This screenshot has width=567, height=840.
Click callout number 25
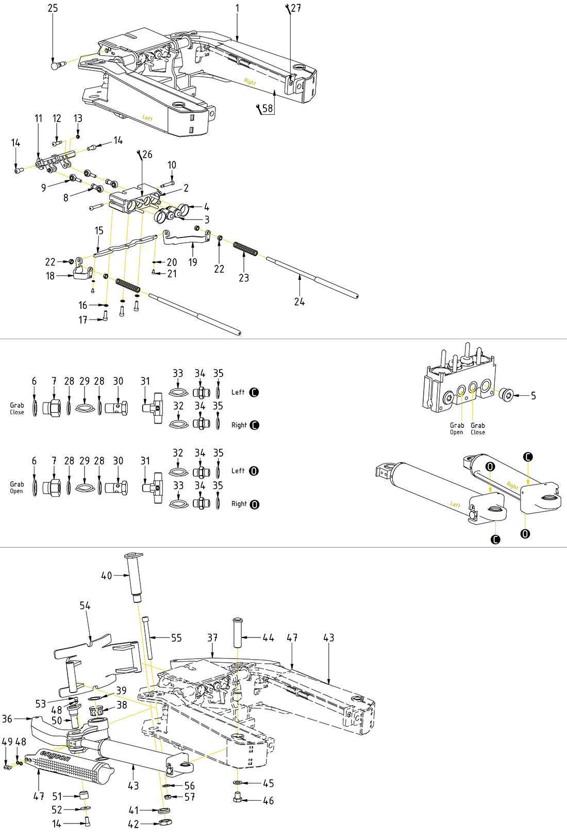click(53, 8)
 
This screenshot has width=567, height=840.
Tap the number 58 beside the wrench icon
click(268, 108)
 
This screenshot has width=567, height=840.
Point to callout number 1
click(237, 8)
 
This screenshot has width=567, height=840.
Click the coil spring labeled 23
click(245, 248)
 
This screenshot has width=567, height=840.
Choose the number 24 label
click(299, 302)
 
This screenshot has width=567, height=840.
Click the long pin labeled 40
click(135, 574)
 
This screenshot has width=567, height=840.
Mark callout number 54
click(85, 606)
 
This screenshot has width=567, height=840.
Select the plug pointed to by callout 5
click(506, 395)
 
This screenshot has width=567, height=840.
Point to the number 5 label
click(533, 396)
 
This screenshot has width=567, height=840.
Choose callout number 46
click(268, 801)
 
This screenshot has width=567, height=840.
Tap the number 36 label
click(7, 718)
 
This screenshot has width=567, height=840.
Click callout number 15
click(99, 231)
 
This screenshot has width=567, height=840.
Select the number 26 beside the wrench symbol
click(147, 155)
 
